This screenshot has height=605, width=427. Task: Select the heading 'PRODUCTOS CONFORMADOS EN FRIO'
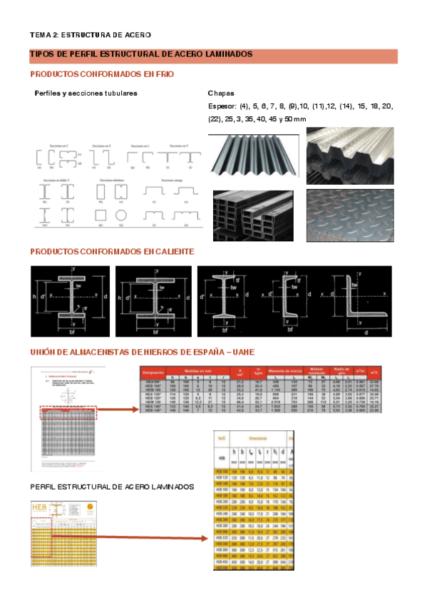102,74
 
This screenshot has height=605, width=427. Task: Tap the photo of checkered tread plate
349,215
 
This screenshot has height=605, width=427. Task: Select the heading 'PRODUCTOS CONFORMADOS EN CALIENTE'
112,252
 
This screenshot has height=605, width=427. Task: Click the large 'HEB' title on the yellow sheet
42,507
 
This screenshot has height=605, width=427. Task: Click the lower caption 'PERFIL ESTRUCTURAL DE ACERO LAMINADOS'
112,487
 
